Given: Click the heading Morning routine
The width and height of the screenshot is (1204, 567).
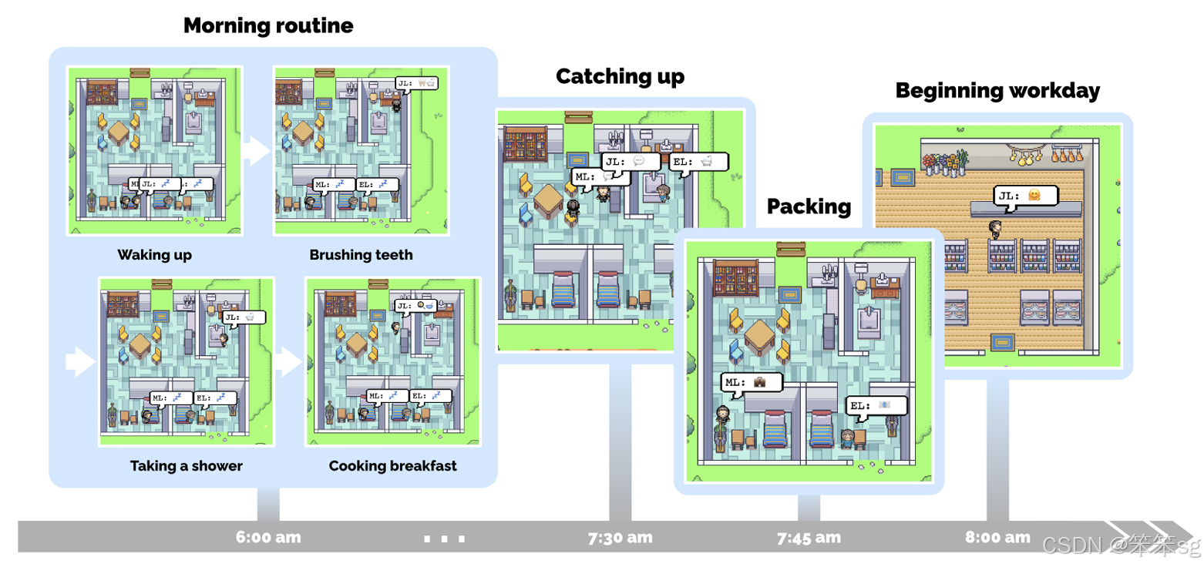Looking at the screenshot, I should coord(268,25).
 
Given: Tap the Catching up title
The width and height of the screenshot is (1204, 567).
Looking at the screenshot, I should coord(620,76).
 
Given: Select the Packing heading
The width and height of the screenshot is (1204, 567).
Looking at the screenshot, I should coord(809,206).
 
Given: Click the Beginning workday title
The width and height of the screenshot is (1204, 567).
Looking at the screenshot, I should coord(997,91).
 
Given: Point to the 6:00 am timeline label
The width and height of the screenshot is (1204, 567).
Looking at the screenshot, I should coord(268,537).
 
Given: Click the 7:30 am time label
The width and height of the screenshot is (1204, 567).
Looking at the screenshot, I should coord(620,537).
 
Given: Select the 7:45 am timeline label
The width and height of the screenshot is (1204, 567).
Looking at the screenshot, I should coord(809,537).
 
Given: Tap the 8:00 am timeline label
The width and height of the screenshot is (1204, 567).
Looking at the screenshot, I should coord(997,537).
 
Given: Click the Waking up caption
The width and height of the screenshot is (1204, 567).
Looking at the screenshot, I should coord(154,255).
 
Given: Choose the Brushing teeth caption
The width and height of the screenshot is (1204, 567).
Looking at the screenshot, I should coord(361,255).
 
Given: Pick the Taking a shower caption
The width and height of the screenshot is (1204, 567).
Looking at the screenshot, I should coord(186,466).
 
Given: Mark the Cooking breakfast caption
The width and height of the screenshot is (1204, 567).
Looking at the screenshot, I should coord(392,466).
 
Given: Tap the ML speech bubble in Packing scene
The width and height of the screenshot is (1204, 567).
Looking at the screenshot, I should coord(752,382).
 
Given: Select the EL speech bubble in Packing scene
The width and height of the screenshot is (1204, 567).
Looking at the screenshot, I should coord(876,406).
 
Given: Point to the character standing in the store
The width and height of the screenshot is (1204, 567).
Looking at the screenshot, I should coord(995,229).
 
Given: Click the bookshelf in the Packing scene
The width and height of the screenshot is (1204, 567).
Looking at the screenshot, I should coord(736,277).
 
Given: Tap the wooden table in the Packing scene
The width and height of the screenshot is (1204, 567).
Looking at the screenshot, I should coord(759,337).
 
